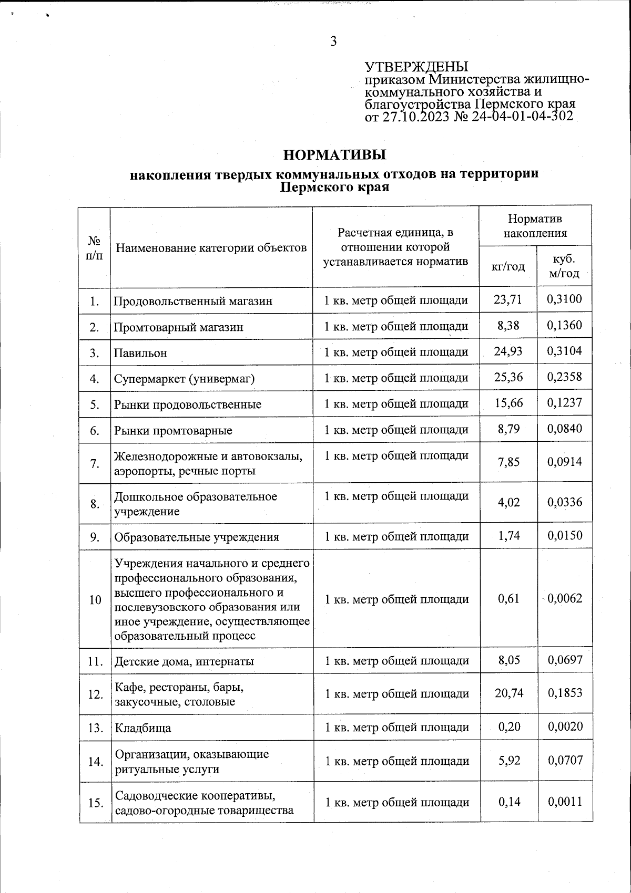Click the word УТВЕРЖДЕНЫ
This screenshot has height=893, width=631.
416,67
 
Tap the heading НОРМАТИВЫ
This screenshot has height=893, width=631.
334,155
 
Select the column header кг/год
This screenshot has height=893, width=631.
507,267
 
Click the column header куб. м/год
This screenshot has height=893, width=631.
564,266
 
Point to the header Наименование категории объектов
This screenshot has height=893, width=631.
211,247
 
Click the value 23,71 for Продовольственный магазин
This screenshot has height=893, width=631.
508,300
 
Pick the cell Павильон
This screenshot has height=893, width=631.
140,353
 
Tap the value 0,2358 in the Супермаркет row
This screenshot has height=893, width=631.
565,377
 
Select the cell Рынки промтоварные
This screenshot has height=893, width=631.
174,431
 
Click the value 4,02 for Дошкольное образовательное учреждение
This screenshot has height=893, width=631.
508,502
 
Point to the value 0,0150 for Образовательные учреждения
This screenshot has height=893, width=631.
565,536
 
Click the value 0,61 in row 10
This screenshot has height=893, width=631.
508,598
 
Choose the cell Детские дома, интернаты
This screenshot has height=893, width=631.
184,661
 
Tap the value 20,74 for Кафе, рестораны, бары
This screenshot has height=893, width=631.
508,693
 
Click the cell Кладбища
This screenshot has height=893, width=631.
143,728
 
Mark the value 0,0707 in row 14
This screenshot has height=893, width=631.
565,760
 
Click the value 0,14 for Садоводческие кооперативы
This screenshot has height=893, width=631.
508,802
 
